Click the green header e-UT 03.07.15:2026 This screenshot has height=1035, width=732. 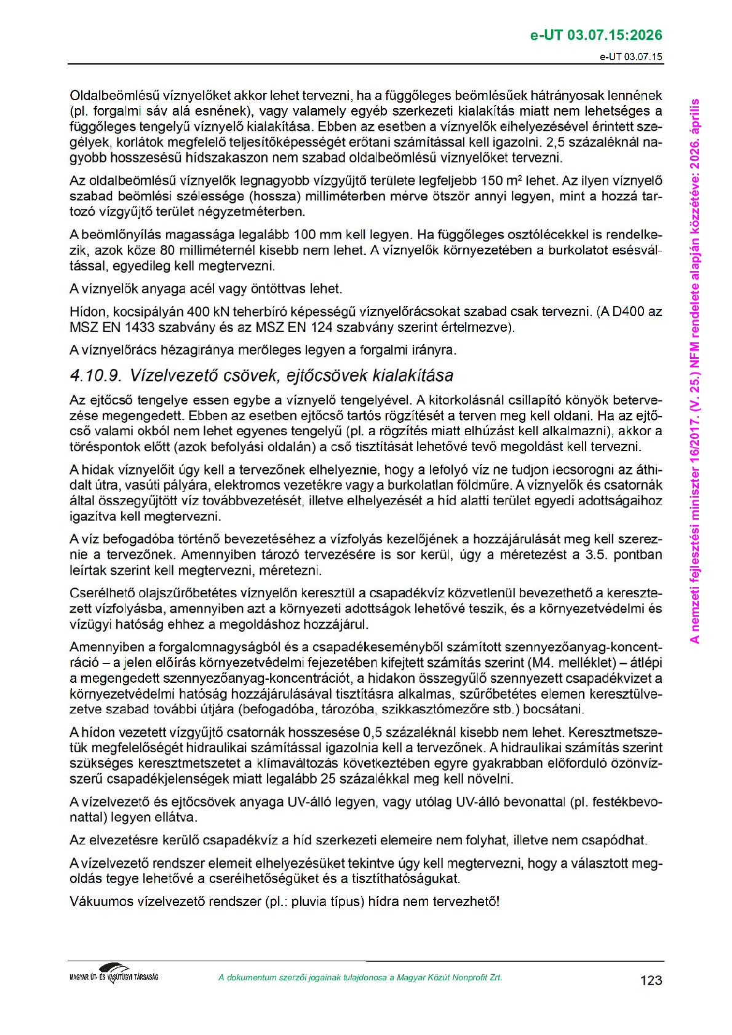(x=596, y=35)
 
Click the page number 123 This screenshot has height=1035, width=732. (x=651, y=980)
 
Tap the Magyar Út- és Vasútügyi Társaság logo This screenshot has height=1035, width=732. (x=114, y=973)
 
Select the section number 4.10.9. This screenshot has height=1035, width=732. (x=97, y=376)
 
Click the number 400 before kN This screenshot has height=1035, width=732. (x=198, y=312)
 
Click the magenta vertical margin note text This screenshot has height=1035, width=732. (x=695, y=369)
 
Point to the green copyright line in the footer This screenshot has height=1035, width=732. (x=360, y=977)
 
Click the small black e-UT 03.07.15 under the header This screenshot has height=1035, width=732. (x=631, y=57)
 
